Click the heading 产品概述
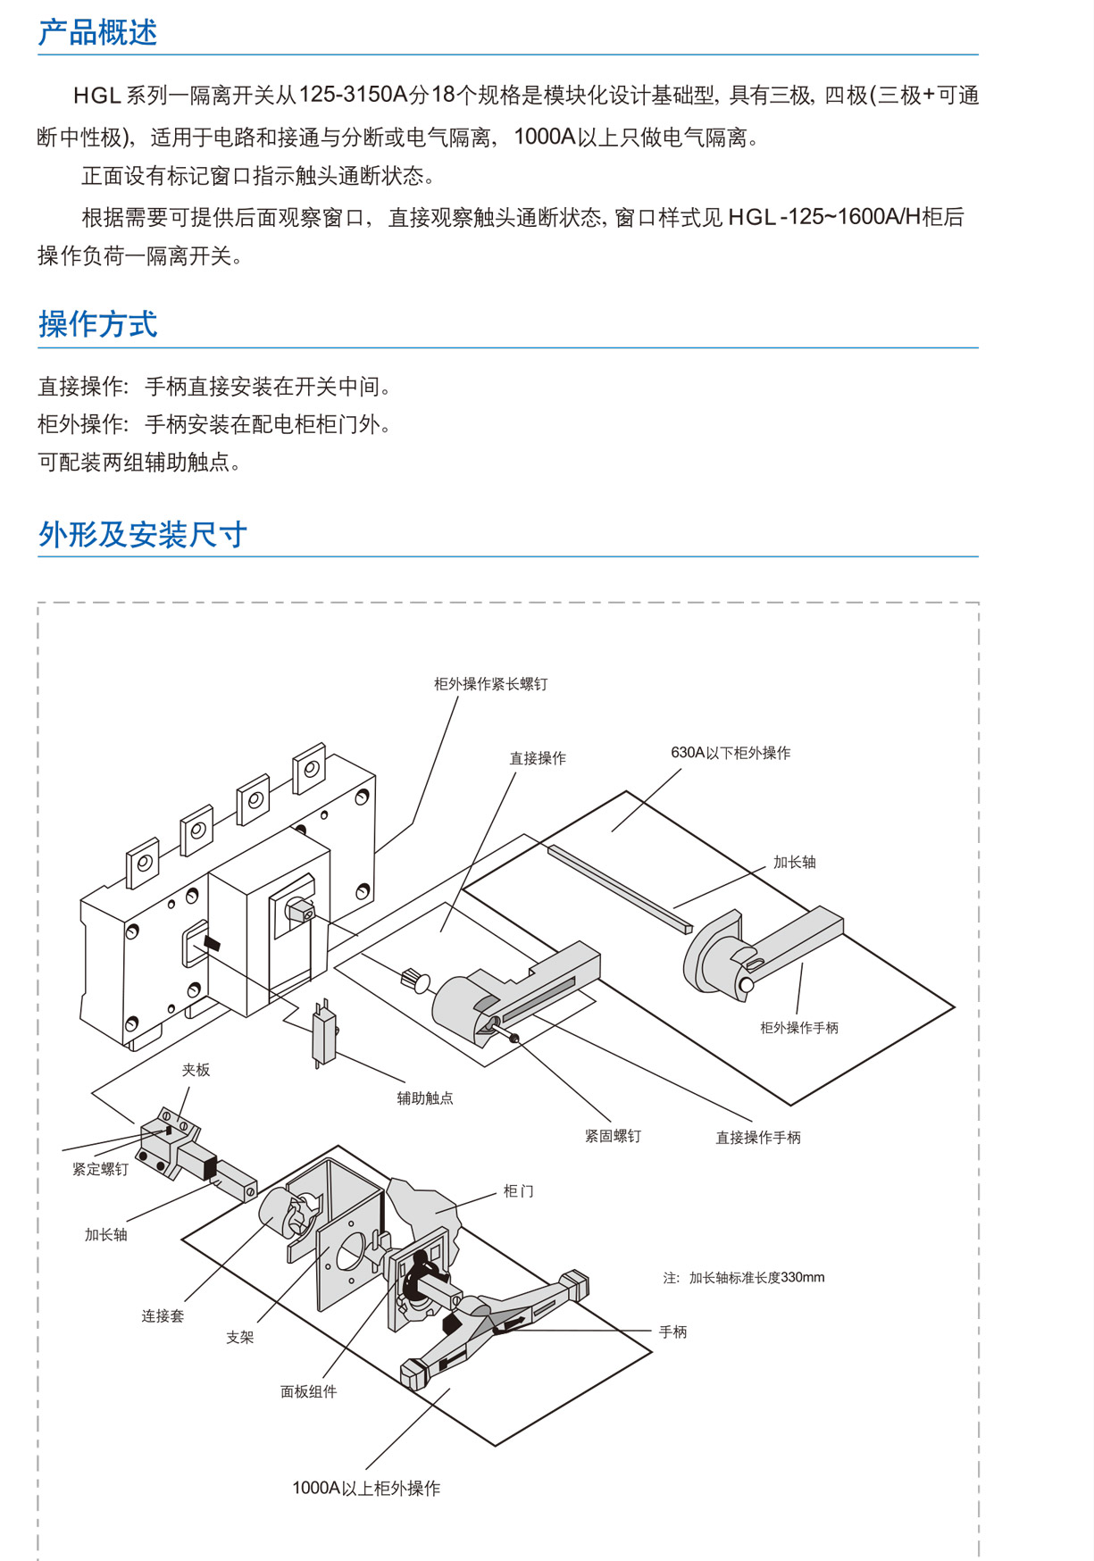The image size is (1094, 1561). coord(97,33)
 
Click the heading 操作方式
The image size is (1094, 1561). coord(97,324)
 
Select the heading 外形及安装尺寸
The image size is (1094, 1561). coord(142,535)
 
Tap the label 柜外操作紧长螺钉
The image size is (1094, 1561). coord(490,684)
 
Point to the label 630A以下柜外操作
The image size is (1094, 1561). coord(731,753)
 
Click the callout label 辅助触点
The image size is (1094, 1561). coord(425,1098)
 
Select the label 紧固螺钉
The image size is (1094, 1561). coord(613,1136)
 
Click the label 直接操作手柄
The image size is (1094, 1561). coord(757,1138)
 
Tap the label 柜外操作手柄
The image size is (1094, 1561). coord(798,1028)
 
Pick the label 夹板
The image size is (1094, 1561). coord(196,1070)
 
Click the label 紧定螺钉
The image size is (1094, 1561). coord(100,1169)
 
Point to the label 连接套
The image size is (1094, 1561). coord(162,1315)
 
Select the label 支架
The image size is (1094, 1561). coord(239,1337)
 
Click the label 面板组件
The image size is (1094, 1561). coord(308,1391)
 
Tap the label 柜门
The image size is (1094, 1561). coord(518,1191)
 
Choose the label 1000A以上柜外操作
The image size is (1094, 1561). coord(366,1488)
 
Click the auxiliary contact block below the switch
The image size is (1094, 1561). coord(323,1036)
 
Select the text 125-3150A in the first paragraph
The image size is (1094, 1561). coord(353,95)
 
